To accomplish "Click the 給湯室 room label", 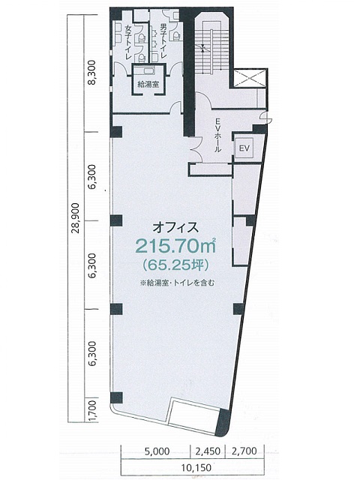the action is pos(148,84).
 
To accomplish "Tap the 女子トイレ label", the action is pos(129,42).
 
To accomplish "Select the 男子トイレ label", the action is pos(162,40).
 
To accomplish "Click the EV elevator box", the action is pos(244,148).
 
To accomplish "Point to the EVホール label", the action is pos(217,135).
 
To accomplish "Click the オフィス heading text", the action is pos(175,227).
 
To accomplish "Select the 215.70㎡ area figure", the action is pos(175,245).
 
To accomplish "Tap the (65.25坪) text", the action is pos(175,265).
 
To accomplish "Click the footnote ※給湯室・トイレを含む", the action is pos(177,283).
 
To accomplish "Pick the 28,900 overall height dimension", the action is pos(75,217).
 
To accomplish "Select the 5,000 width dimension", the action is pos(157,451).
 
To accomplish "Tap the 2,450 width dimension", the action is pos(208,451).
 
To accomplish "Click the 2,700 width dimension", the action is pos(244,451).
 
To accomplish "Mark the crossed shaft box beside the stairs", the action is pos(250,78).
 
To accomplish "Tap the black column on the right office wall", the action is pos(239,309).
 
